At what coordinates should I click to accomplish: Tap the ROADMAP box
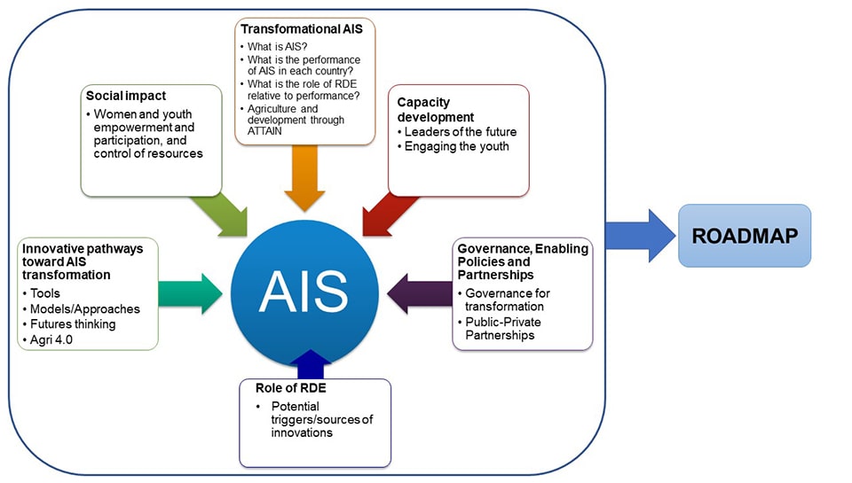[745, 236]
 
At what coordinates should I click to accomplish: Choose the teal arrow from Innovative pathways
[190, 293]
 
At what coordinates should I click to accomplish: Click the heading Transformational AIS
[295, 29]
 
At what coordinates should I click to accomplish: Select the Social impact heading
[126, 96]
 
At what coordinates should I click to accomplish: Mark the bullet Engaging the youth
[456, 146]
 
